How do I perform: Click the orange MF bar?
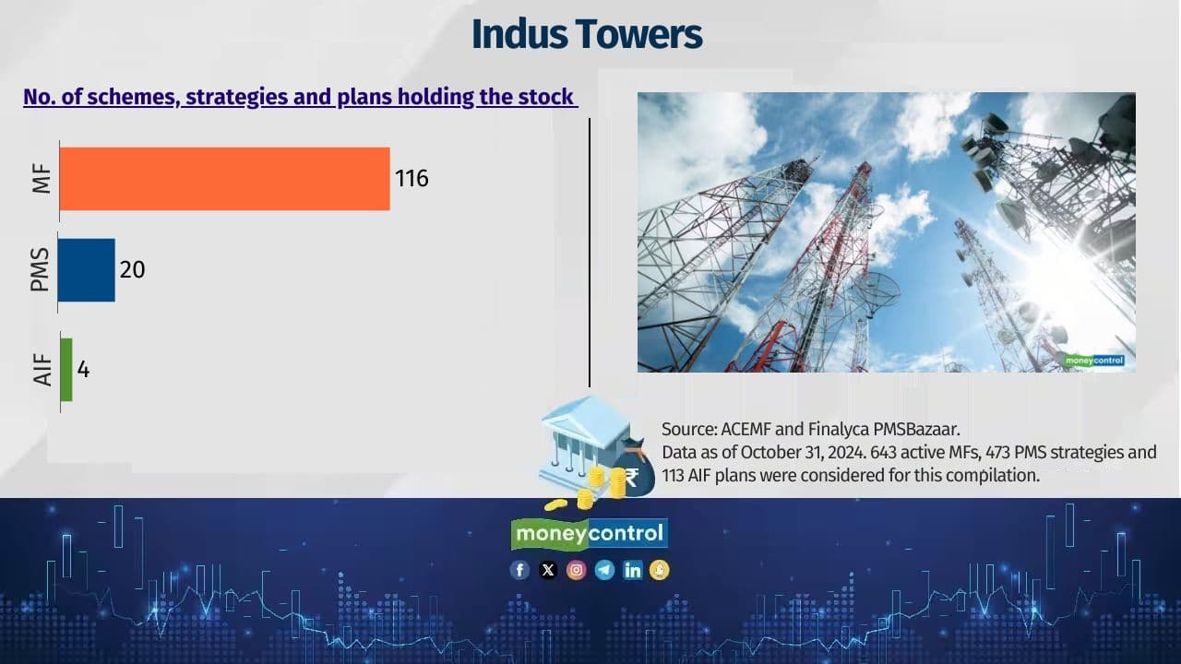tap(224, 179)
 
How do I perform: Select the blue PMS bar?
tap(87, 270)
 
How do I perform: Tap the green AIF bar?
tap(66, 370)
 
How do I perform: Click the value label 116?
tap(412, 178)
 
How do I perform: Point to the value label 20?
tap(132, 270)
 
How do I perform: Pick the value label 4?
tap(83, 370)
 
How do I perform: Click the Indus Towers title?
tap(587, 35)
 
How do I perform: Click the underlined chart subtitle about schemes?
tap(300, 97)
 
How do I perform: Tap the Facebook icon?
tap(520, 570)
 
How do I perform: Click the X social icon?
tap(548, 570)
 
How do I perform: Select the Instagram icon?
tap(576, 570)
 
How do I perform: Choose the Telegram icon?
tap(604, 570)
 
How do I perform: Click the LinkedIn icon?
tap(632, 570)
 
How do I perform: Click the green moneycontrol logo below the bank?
tap(590, 533)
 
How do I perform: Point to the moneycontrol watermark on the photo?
tap(1093, 361)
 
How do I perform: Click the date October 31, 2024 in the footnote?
tap(766, 452)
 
